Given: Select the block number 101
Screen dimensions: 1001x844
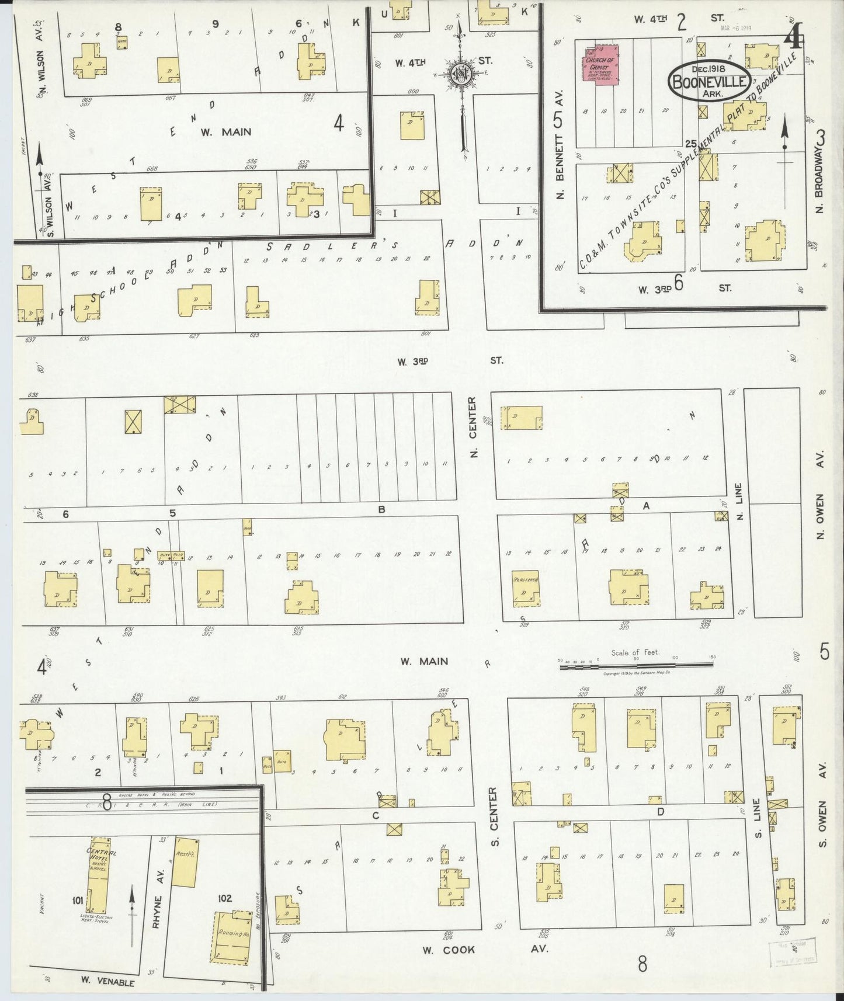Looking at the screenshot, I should click(77, 901).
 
